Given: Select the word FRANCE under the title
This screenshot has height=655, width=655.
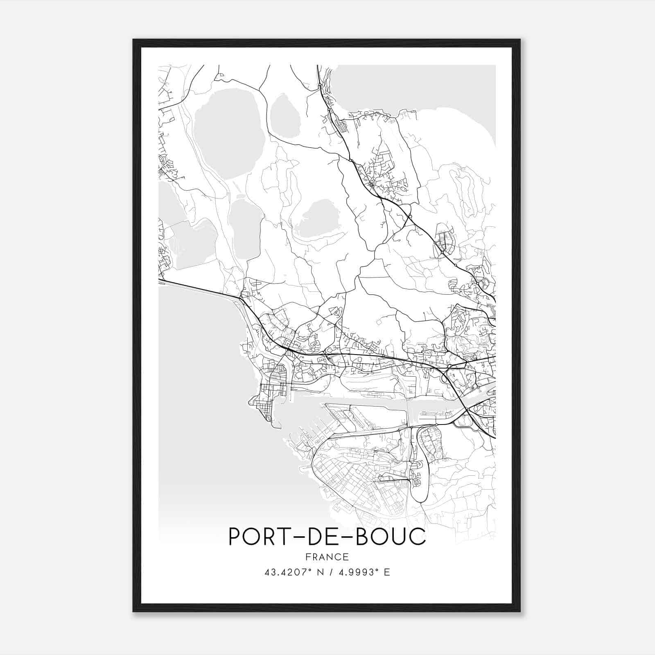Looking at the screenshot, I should point(327,557).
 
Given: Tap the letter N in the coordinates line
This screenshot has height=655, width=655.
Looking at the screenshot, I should point(320,572).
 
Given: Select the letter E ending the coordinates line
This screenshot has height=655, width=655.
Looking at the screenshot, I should point(387,572).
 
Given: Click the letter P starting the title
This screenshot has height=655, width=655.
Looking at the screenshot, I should point(235,537).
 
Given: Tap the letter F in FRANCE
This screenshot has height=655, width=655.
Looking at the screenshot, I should point(308,557).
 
